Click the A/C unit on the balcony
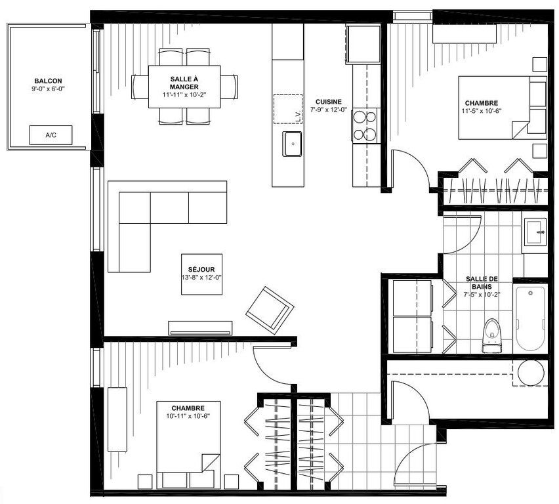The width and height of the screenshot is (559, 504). (x=51, y=135)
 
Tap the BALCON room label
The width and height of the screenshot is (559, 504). (x=48, y=81)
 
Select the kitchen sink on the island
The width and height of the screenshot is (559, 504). (x=293, y=144)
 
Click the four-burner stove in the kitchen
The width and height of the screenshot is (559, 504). (x=365, y=125)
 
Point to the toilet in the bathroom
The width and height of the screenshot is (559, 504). (x=492, y=335)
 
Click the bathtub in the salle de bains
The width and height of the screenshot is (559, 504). (x=531, y=318)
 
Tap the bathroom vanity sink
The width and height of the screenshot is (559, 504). (x=535, y=232)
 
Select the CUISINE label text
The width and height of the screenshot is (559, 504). (x=328, y=102)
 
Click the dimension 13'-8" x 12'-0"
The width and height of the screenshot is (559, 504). (x=202, y=278)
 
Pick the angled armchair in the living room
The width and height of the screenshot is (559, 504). (x=270, y=310)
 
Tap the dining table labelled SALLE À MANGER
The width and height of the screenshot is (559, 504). (x=184, y=87)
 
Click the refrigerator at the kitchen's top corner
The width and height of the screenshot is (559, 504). (x=363, y=44)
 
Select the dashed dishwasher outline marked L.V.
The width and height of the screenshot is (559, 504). (x=288, y=109)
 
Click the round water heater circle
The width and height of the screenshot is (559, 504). (x=531, y=373)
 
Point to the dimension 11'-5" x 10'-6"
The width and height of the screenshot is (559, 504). (x=482, y=110)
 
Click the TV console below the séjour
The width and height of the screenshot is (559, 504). (x=200, y=328)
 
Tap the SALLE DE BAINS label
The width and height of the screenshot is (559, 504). (x=482, y=282)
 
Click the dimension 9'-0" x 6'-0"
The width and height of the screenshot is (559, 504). (x=48, y=89)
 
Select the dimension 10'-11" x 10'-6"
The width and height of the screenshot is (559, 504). (x=188, y=416)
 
